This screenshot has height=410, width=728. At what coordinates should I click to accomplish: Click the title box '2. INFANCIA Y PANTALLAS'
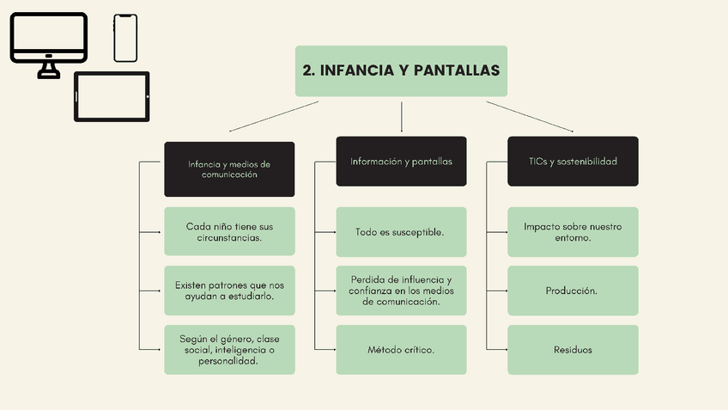[x=401, y=70]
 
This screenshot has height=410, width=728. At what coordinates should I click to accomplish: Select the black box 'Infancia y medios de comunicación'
[x=229, y=168]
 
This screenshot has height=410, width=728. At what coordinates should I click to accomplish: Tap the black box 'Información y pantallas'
[x=401, y=161]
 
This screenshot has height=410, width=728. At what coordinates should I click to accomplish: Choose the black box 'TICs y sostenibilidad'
[x=573, y=161]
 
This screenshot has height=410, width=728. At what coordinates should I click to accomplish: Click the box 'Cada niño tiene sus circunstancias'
[x=229, y=231]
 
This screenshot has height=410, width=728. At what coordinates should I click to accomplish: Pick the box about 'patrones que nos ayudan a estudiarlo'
[x=229, y=291]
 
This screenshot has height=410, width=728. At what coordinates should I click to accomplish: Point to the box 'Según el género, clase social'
[x=229, y=349]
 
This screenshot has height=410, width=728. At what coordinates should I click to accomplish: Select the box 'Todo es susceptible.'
[x=401, y=232]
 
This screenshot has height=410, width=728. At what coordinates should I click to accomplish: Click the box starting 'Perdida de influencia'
[x=401, y=291]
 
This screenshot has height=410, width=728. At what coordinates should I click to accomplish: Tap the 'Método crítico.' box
[x=401, y=349]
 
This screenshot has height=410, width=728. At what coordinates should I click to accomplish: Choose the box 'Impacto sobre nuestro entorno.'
[x=573, y=232]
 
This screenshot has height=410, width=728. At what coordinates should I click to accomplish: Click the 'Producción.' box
[x=573, y=291]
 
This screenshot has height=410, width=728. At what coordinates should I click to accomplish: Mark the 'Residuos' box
[x=573, y=349]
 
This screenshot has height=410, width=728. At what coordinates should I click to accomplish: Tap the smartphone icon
[x=125, y=38]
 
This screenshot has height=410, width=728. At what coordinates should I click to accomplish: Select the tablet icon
[x=112, y=96]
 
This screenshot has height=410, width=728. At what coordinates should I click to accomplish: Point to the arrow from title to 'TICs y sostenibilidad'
[x=530, y=117]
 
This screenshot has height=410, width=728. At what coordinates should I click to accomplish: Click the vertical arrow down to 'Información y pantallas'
[x=401, y=117]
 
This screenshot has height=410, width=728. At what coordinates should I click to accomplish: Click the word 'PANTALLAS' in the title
[x=456, y=70]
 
